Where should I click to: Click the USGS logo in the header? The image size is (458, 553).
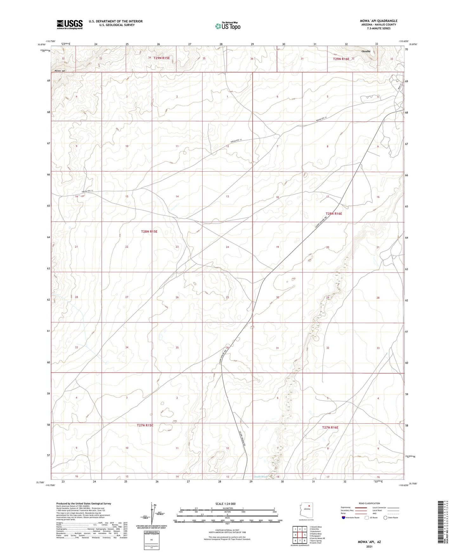[x=70, y=24]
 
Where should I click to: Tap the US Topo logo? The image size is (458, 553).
[x=227, y=26]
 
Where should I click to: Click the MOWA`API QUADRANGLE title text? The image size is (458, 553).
[x=378, y=21]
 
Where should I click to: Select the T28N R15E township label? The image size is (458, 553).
[x=149, y=232]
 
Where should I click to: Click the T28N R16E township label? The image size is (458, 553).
[x=334, y=213]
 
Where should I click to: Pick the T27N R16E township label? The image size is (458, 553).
[x=330, y=427]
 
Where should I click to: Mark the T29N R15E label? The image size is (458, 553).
[x=162, y=58]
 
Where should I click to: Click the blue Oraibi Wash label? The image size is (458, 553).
[x=261, y=476]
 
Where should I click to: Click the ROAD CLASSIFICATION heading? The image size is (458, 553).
[x=367, y=503]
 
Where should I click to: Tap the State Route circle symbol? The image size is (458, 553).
[x=385, y=518]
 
